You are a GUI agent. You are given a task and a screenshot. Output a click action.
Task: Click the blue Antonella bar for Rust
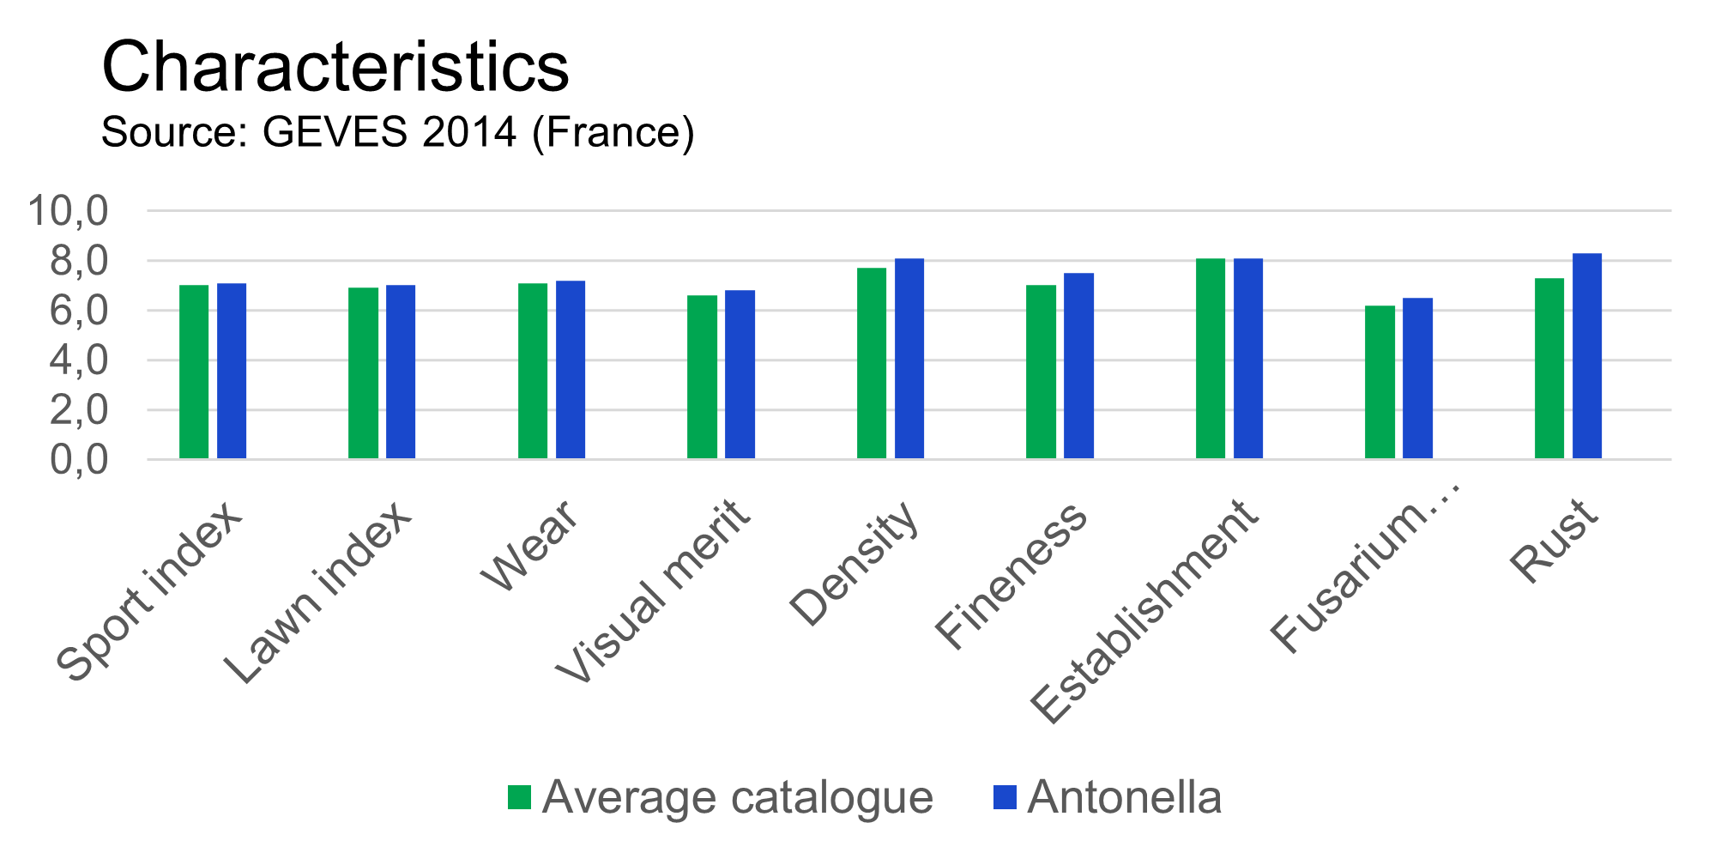[x=1587, y=356]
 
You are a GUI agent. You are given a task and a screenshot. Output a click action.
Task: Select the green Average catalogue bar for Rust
[x=1549, y=369]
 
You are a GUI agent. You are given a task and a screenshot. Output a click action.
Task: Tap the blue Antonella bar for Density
[x=909, y=359]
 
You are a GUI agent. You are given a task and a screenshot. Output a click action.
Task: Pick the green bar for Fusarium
[x=1380, y=383]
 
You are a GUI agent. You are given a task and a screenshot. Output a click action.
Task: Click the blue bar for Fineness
[x=1078, y=366]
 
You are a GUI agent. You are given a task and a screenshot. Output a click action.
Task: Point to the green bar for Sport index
[x=194, y=372]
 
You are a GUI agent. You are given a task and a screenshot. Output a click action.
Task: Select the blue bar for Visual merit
[x=740, y=375]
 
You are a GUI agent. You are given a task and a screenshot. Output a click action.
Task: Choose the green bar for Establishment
[x=1211, y=359]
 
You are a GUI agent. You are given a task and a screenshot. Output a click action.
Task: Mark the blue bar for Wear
[x=571, y=370]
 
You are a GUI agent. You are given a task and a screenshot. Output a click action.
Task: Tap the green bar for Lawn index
[x=363, y=373]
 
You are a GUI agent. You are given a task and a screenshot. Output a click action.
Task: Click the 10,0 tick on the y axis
[x=69, y=210]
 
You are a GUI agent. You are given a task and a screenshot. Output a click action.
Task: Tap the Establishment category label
[x=1144, y=610]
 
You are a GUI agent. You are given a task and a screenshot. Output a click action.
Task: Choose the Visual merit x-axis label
[x=653, y=591]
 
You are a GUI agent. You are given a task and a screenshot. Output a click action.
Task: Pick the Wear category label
[x=530, y=546]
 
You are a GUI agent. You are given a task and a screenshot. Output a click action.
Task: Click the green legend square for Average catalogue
[x=519, y=797]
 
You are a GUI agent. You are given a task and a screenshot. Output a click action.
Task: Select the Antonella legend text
[x=1124, y=797]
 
